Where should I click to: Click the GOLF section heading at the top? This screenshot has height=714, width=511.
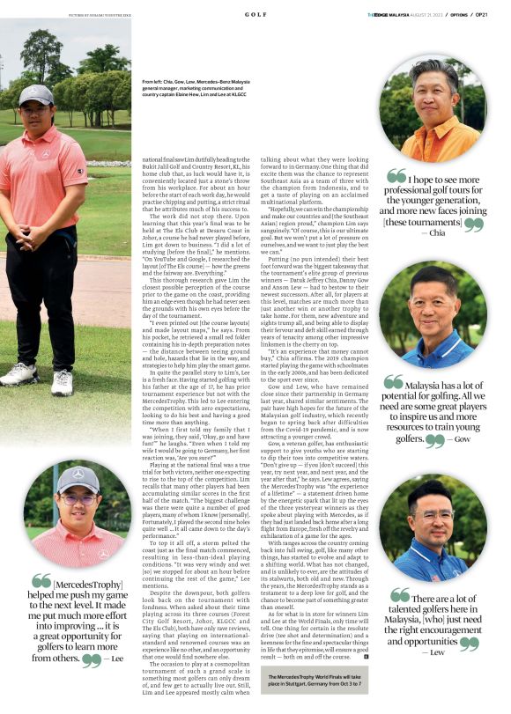tap(255, 15)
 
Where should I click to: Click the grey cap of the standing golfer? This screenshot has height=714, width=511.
tap(37, 94)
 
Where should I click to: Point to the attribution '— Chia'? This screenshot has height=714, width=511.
tap(435, 234)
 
